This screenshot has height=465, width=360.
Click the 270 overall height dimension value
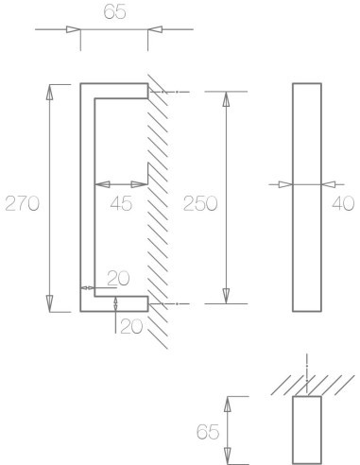(x=22, y=202)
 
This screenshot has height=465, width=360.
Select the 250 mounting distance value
(x=199, y=202)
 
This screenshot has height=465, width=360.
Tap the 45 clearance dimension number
(x=121, y=201)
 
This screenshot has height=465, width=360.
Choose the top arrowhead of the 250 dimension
(x=225, y=98)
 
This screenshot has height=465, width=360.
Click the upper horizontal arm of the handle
(x=118, y=91)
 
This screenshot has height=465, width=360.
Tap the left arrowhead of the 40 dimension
(x=287, y=183)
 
